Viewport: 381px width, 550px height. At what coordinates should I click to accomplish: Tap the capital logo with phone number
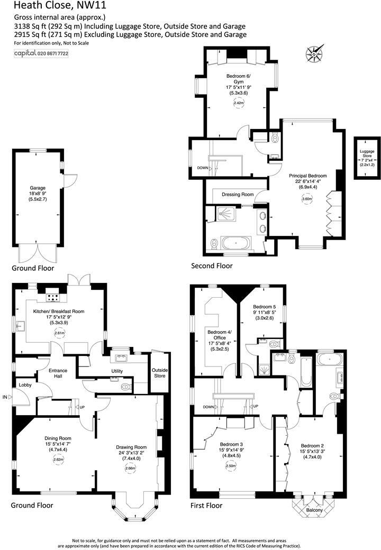(41, 53)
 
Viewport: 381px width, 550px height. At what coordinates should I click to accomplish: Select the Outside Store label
(159, 372)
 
